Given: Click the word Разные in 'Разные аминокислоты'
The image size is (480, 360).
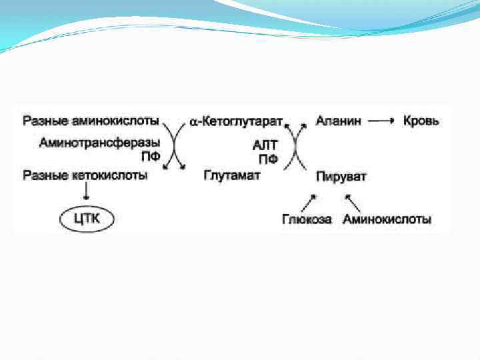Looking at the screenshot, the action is coord(43,121).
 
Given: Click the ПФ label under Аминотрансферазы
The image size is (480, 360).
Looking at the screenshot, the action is coord(150,158).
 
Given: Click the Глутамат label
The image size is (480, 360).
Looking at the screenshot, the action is coord(231,175).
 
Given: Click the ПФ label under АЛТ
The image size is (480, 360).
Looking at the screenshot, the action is coord(268,159).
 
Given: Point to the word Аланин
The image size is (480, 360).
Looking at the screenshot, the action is coord(339,121).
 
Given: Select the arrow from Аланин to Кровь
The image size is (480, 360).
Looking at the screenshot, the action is coord(381,121).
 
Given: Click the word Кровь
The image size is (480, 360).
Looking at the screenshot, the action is coord(421,121).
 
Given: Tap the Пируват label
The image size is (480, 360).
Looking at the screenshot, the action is coord(341,176).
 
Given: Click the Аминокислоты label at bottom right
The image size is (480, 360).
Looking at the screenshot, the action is coord(387,219).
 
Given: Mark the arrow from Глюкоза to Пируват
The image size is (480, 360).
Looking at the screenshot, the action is coord(309,201).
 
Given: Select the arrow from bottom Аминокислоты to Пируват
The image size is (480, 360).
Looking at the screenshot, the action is coord(353,201).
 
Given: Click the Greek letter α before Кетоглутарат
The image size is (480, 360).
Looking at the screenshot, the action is coord(193,123).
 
